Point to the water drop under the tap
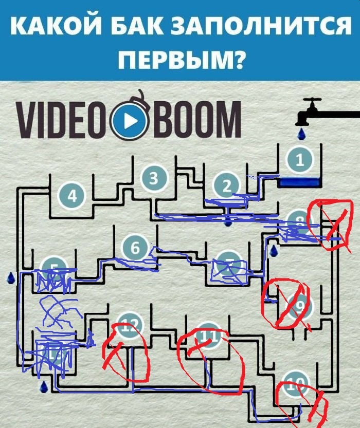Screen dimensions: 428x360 [x=302, y=135]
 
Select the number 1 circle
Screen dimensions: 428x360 [x=300, y=160]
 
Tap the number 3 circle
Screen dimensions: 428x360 [x=154, y=178]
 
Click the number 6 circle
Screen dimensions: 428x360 [x=135, y=248]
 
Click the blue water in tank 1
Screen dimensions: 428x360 [x=299, y=182]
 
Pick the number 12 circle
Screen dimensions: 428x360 [x=127, y=325]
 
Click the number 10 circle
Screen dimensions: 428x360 [x=293, y=384]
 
